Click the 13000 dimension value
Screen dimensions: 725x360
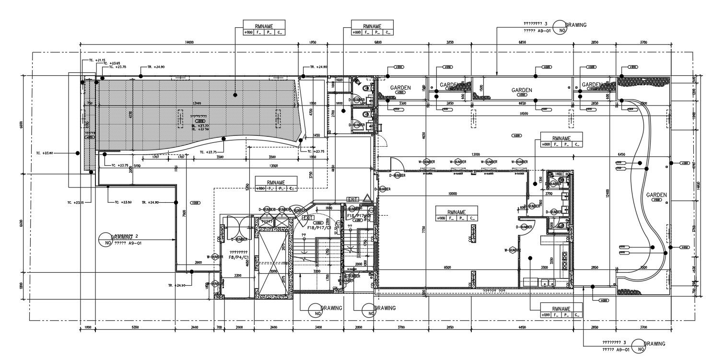point(273,166)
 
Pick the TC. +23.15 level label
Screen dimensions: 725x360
point(76,202)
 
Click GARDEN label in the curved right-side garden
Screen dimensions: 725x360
point(656,195)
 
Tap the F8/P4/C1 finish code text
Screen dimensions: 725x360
point(238,257)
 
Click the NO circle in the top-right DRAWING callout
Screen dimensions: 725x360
point(559,28)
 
